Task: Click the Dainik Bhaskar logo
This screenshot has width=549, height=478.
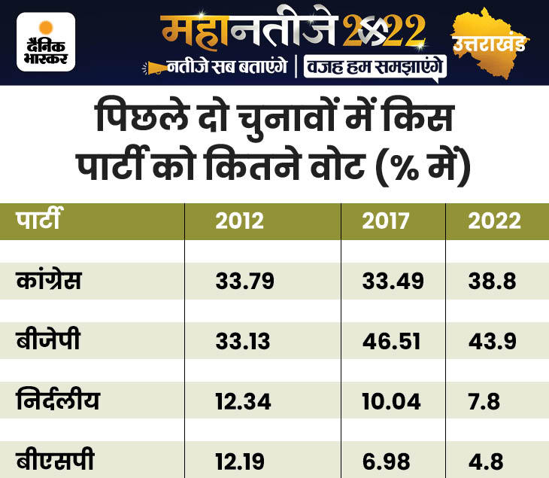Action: [46, 42]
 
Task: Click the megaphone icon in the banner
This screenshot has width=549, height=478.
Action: [154, 68]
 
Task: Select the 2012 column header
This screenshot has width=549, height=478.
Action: [239, 221]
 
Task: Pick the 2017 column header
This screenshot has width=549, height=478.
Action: [386, 221]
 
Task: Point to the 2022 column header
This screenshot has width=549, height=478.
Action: [494, 221]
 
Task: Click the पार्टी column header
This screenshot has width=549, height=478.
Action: [38, 218]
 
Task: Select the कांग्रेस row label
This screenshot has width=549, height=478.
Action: [49, 280]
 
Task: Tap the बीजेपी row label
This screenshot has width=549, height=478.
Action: [48, 339]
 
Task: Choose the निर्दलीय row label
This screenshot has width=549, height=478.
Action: [58, 399]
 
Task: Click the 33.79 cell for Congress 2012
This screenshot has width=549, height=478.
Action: [244, 281]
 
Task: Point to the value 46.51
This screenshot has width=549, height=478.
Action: [391, 341]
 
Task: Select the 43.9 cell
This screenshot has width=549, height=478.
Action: [493, 341]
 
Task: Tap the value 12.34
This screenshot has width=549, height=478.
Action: [244, 402]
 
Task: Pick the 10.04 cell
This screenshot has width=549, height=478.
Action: [391, 402]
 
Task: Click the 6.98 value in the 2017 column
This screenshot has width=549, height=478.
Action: [387, 461]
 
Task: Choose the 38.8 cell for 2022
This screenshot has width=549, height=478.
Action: [493, 281]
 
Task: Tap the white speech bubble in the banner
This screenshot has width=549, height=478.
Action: [375, 68]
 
